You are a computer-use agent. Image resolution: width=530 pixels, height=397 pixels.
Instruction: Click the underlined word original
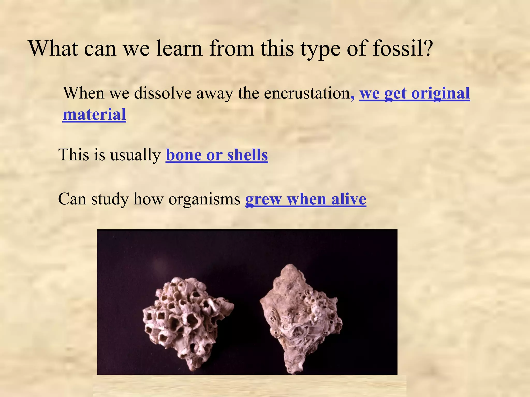point(440,94)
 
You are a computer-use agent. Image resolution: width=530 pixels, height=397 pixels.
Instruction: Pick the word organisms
point(204,199)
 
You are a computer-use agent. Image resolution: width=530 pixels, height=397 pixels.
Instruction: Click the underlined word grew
point(263,200)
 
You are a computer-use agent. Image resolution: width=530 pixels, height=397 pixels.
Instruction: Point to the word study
point(110,199)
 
